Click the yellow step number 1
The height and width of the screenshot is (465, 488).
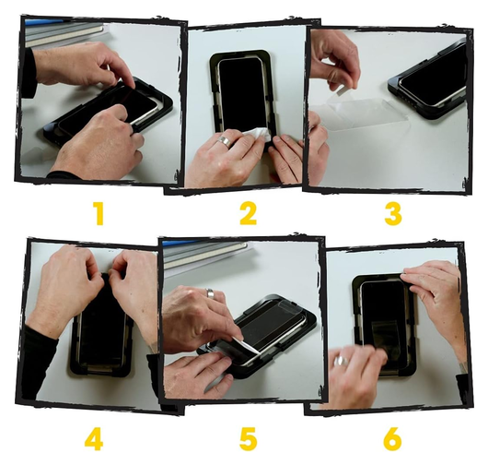tap(99, 214)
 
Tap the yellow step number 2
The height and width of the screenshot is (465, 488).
tap(249, 214)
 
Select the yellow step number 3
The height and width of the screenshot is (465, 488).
tap(393, 214)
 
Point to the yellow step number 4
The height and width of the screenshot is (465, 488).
tap(94, 439)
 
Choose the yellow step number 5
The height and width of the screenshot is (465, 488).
tap(249, 439)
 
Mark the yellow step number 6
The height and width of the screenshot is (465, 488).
tap(392, 439)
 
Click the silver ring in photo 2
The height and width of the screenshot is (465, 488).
tap(225, 140)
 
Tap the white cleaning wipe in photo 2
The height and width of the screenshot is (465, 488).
tap(256, 134)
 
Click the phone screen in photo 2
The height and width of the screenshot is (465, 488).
tap(241, 90)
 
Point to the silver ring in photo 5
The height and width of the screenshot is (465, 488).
tap(210, 293)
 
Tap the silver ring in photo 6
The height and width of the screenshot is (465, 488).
tap(341, 361)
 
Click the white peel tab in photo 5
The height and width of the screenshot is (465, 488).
tap(248, 344)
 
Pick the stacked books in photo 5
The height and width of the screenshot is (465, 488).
tap(203, 253)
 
